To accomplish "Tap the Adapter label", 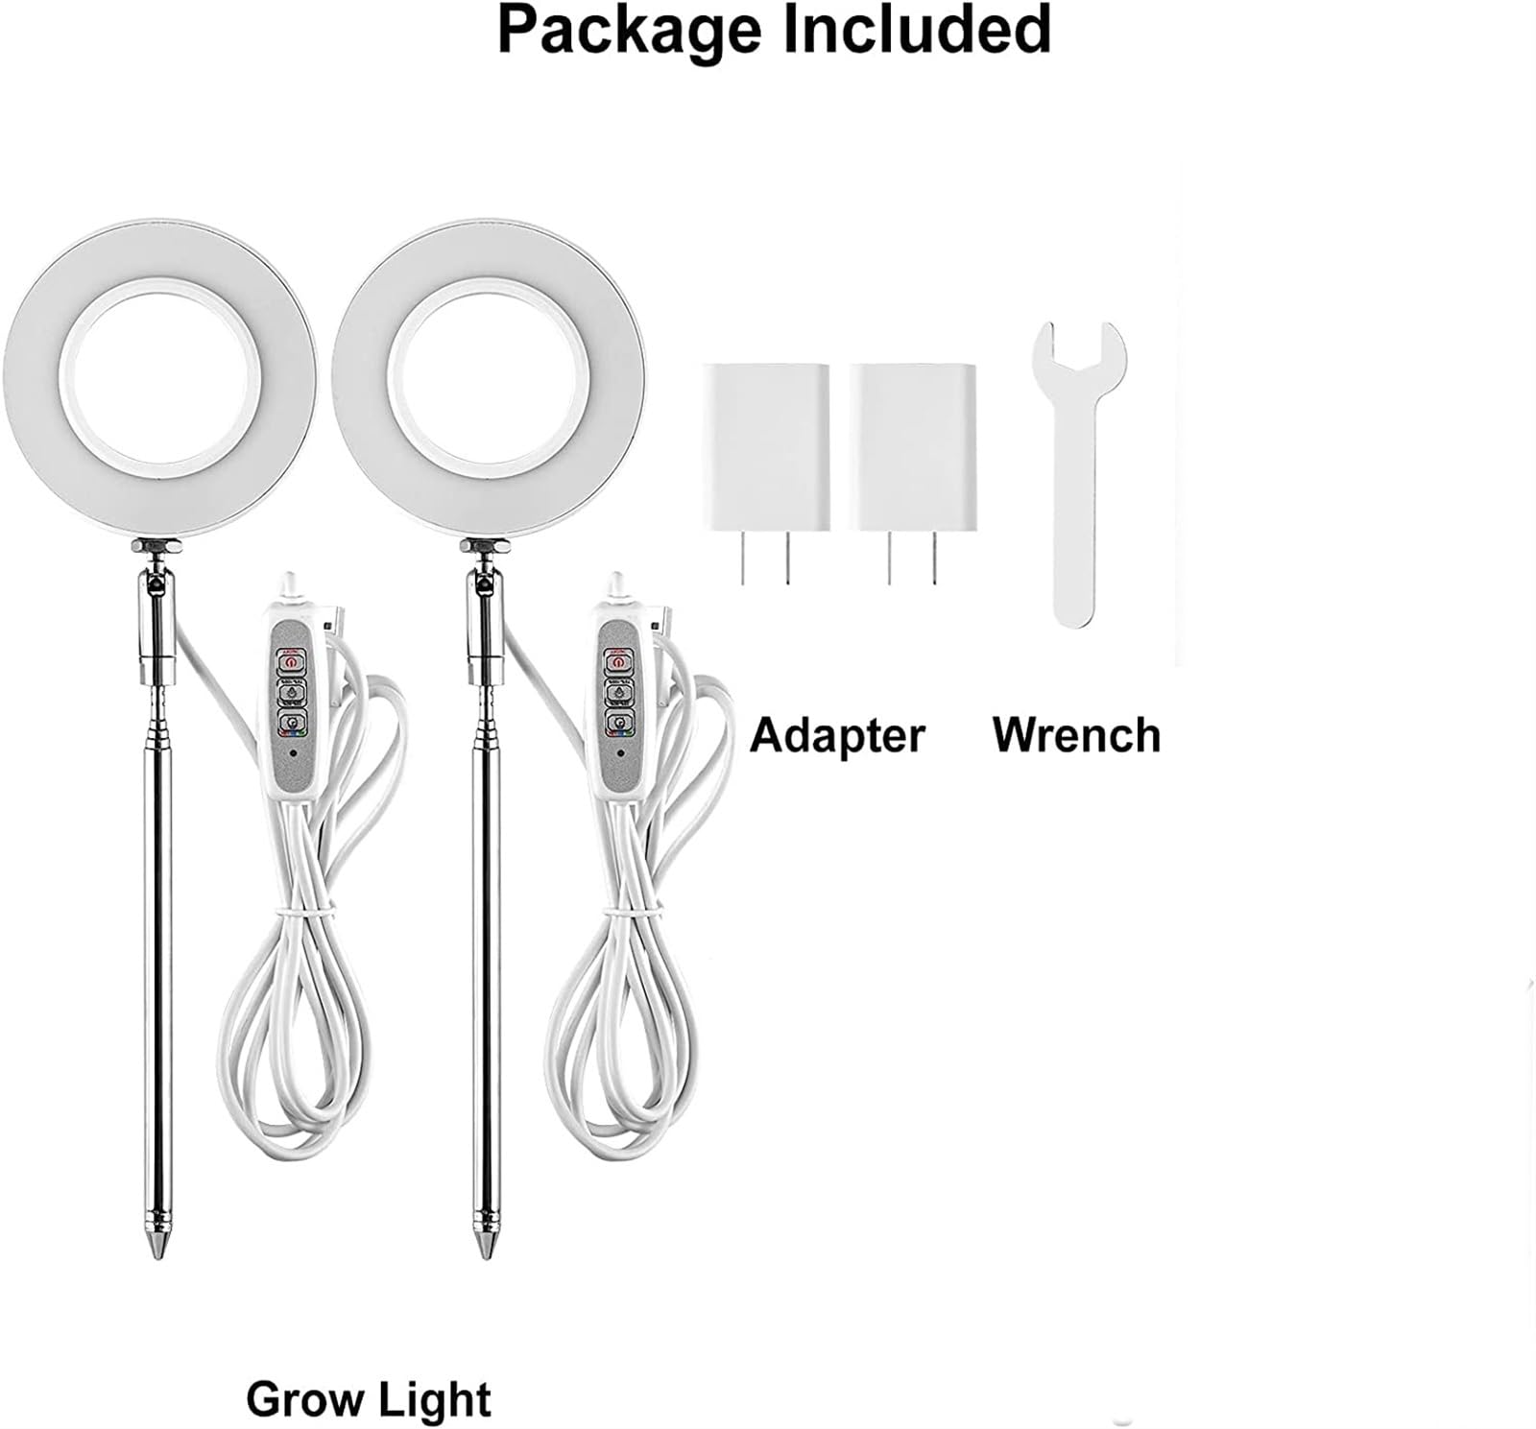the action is pyautogui.click(x=836, y=736).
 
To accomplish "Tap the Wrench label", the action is pyautogui.click(x=1076, y=736).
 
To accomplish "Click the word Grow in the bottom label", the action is pyautogui.click(x=301, y=1399).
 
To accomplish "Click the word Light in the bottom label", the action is pyautogui.click(x=433, y=1399).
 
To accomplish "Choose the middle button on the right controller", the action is pyautogui.click(x=619, y=691).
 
